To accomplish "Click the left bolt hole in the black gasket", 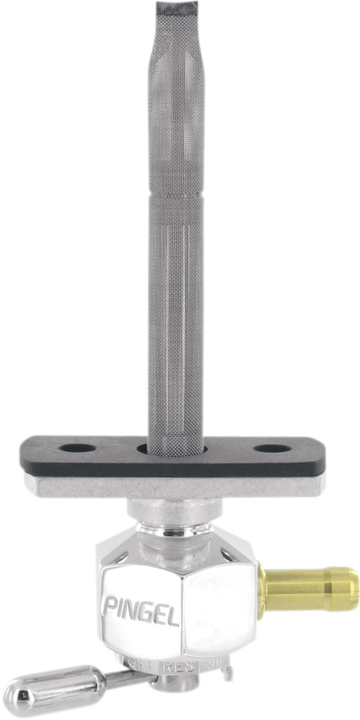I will coord(77,448).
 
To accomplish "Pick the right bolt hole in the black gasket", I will coord(272,449).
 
